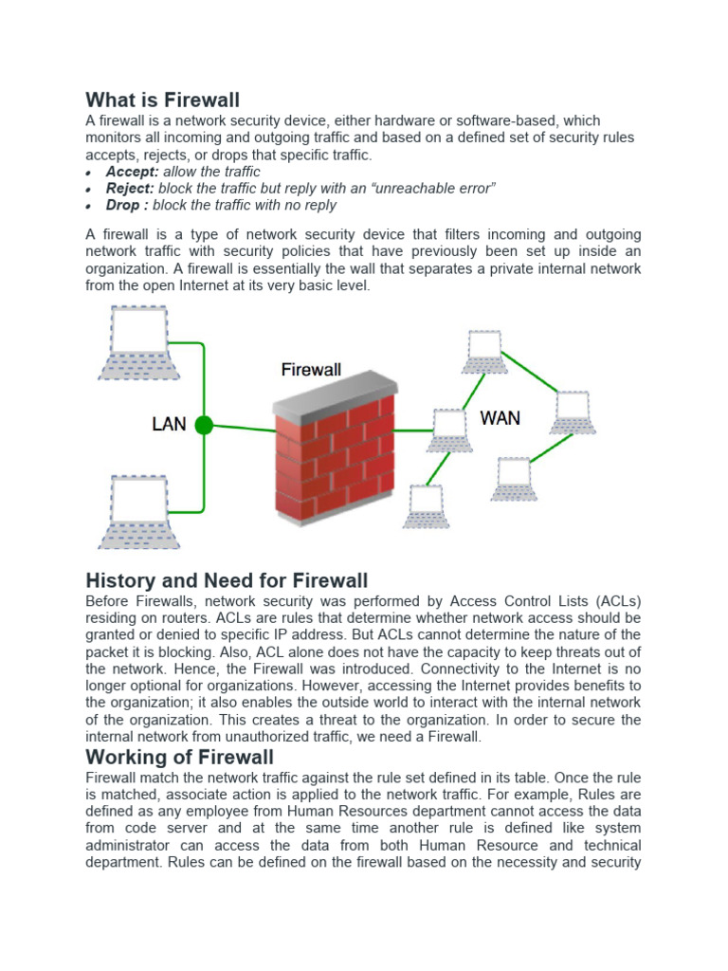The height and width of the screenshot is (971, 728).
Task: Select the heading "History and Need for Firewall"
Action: coord(227,579)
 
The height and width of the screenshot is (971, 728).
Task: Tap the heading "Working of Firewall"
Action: coord(179,756)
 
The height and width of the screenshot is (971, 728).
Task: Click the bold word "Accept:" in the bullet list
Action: coord(133,172)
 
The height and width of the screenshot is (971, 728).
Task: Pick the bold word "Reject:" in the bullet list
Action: coord(131,189)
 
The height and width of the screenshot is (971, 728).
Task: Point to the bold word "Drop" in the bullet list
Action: coord(122,205)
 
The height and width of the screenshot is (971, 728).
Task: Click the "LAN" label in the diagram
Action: coord(169,424)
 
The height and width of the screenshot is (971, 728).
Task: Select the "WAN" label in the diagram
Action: coord(500,417)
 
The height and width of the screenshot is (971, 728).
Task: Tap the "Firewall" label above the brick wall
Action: coord(311,369)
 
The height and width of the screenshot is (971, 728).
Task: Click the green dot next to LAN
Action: coord(204,426)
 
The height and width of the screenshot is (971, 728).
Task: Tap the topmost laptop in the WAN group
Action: coord(484,351)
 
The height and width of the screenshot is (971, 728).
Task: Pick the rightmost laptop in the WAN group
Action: coord(573,412)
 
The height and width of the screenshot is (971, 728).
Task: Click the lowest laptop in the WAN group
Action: coord(426,505)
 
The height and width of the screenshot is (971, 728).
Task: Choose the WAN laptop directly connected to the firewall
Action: coord(448,430)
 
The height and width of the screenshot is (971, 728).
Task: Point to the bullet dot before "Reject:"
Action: coord(88,191)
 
